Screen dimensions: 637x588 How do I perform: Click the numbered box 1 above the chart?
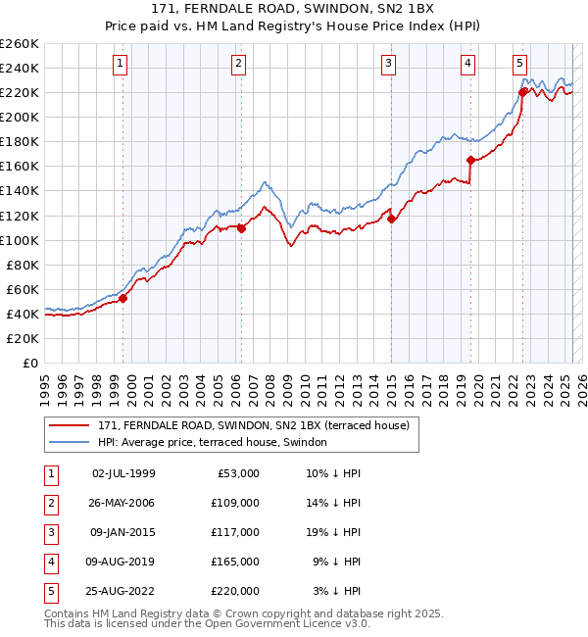coord(120,65)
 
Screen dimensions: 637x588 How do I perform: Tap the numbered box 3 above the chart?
coord(389,65)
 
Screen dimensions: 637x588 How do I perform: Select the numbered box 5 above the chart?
coord(519,65)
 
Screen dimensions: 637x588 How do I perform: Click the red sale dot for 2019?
coord(470,160)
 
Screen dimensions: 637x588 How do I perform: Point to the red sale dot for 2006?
coord(241,228)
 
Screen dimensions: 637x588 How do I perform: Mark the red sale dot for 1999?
coord(123,298)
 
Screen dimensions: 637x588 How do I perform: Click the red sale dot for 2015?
coord(391,220)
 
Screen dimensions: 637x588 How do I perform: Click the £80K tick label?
coord(23,265)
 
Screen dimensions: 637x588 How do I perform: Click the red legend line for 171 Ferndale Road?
coord(69,425)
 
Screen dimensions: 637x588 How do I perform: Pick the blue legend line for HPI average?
coord(69,442)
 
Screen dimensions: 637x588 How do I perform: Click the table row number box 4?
coord(49,562)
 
